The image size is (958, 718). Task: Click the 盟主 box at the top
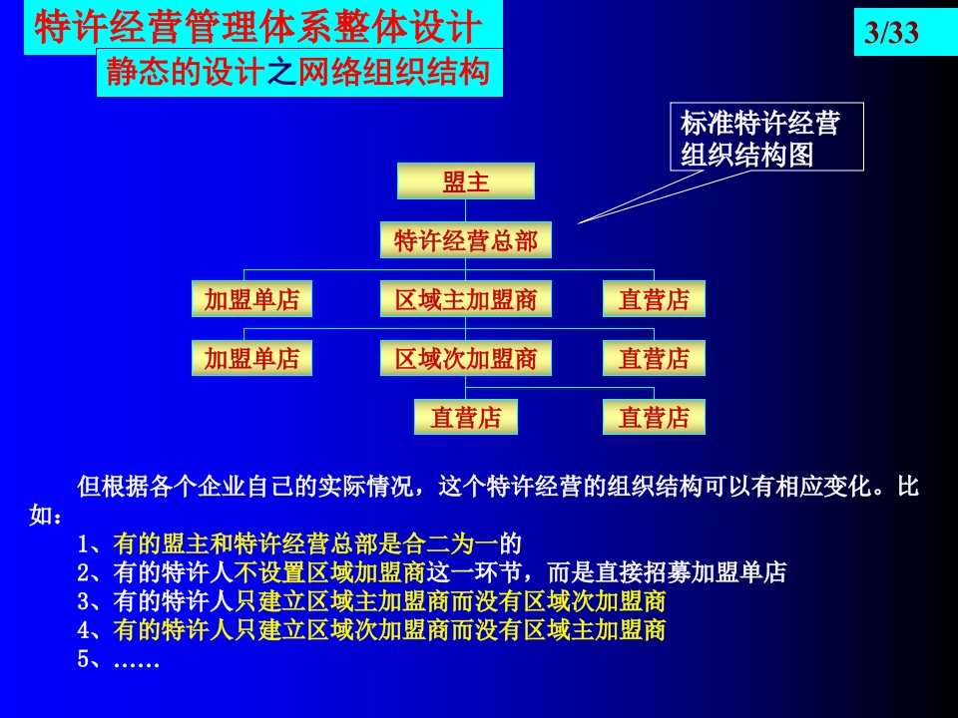[466, 180]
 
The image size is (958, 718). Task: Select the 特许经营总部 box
[466, 240]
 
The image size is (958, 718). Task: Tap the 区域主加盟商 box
[466, 298]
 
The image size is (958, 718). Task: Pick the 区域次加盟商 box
[466, 358]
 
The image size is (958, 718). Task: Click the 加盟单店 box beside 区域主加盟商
[251, 298]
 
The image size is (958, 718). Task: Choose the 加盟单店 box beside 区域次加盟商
[251, 358]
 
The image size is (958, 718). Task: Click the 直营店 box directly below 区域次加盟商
[466, 417]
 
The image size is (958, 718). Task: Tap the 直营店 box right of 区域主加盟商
[654, 298]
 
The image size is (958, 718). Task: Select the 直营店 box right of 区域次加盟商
[654, 358]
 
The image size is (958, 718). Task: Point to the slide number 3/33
[891, 32]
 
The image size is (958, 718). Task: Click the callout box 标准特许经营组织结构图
[766, 137]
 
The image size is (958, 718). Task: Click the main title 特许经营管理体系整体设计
[258, 27]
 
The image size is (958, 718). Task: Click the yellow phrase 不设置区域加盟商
[330, 572]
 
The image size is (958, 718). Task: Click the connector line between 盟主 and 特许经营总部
[466, 210]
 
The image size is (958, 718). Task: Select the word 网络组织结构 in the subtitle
[393, 72]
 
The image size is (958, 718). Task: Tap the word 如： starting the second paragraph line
[46, 516]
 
